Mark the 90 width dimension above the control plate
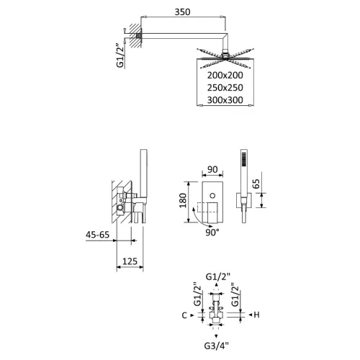click(x=212, y=171)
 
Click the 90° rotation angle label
click(x=212, y=234)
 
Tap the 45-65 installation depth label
click(x=98, y=235)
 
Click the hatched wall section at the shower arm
click(x=127, y=38)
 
